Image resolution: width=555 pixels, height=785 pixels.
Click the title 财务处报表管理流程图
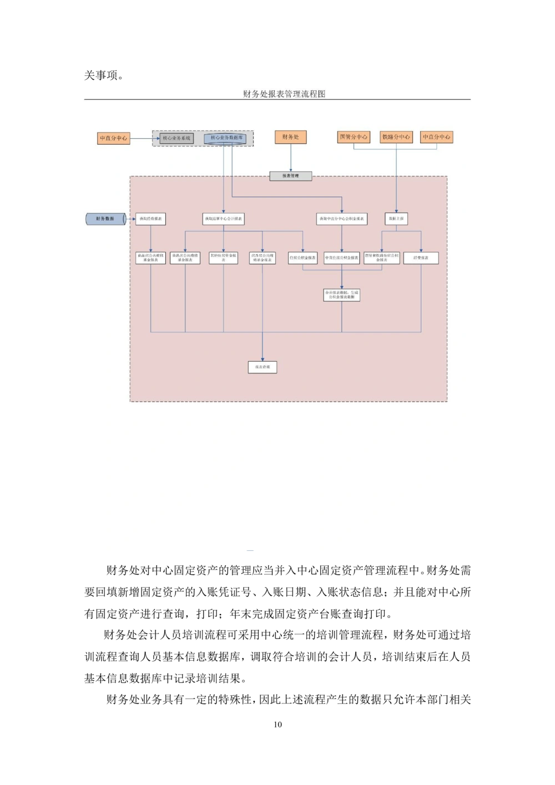click(x=284, y=94)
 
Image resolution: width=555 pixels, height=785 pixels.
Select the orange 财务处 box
click(x=290, y=137)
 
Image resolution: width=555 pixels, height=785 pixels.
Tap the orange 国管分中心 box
click(x=354, y=137)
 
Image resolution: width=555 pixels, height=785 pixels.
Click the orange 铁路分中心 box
click(x=396, y=137)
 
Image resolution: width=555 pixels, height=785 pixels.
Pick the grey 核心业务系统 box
click(x=176, y=138)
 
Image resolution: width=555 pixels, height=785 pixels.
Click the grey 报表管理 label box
click(x=290, y=176)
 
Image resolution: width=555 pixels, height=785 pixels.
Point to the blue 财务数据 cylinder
click(x=105, y=219)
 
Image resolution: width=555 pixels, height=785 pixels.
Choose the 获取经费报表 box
click(x=150, y=219)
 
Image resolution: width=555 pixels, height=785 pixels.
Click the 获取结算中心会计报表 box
click(x=223, y=219)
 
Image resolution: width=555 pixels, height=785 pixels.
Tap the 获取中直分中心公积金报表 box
click(x=341, y=219)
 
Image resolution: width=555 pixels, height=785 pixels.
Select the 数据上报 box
click(x=396, y=219)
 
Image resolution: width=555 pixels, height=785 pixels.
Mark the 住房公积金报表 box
click(x=302, y=258)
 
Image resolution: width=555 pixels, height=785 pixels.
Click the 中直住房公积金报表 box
click(x=341, y=258)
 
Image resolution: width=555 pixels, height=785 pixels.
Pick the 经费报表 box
click(x=421, y=258)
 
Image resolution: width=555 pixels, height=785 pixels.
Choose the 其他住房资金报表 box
click(x=223, y=258)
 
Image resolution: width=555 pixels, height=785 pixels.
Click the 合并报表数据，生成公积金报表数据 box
click(x=341, y=295)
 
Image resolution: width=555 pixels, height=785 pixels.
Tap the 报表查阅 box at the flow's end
click(x=262, y=367)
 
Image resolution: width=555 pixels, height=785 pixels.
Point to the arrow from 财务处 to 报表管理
click(x=290, y=158)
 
